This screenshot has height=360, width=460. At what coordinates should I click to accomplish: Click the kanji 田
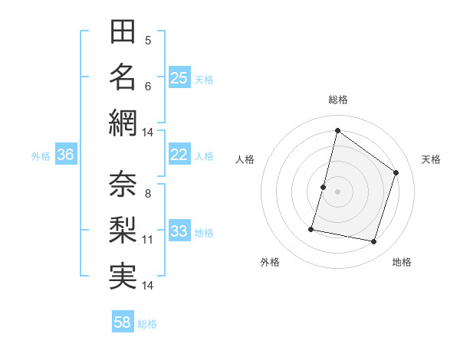click(123, 32)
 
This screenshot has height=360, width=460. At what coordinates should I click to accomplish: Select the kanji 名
click(123, 77)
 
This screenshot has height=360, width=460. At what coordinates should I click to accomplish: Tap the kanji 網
click(123, 123)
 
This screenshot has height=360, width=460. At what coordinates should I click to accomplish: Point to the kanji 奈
click(123, 185)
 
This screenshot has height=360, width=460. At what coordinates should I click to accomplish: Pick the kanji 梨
click(123, 231)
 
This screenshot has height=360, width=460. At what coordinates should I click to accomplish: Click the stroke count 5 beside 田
click(148, 41)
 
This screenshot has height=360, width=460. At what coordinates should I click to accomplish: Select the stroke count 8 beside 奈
click(148, 194)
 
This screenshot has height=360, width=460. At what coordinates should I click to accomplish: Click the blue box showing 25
click(179, 77)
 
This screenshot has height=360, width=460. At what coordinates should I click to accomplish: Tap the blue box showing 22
click(179, 155)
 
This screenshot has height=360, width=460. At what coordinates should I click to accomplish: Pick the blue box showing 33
click(179, 231)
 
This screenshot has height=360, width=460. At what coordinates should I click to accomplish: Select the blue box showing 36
click(66, 155)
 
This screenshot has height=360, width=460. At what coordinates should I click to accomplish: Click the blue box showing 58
click(123, 322)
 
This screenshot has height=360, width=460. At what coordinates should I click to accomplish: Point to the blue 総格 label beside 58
click(147, 324)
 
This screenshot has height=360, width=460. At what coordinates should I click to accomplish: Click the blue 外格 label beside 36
click(41, 156)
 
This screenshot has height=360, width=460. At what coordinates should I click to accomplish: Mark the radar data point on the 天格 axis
click(396, 172)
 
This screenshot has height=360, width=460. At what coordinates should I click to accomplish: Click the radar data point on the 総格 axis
click(337, 130)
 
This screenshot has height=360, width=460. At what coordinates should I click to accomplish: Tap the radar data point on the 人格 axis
click(324, 187)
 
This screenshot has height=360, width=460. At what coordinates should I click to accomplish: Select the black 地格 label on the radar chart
click(402, 262)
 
